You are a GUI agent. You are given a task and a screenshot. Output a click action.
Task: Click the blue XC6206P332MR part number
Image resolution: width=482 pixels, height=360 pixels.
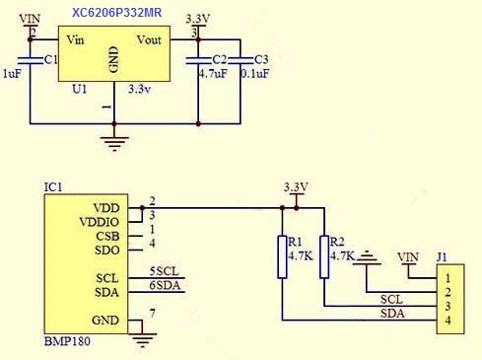(116, 13)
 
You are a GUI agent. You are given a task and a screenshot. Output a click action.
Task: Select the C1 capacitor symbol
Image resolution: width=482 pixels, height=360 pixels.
(30, 60)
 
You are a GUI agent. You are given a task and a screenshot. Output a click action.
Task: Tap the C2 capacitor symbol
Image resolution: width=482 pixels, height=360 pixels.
(198, 60)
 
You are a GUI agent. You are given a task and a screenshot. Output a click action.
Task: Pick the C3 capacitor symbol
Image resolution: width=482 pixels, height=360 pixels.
(241, 60)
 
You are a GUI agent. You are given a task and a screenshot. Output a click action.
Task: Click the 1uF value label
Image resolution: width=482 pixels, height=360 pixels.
(12, 73)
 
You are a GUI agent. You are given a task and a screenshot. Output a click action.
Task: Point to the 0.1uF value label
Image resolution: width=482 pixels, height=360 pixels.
(254, 73)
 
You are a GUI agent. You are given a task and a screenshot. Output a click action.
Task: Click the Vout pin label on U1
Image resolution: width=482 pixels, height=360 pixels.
(149, 39)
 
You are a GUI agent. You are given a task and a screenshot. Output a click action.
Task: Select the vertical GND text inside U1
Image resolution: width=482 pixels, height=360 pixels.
(113, 59)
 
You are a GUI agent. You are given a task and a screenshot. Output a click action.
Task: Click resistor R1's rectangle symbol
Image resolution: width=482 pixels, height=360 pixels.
(282, 256)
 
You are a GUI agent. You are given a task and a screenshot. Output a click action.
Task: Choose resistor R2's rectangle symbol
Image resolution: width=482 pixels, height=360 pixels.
(324, 256)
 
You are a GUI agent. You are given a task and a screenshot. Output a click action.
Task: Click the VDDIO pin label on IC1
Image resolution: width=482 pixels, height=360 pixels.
(100, 222)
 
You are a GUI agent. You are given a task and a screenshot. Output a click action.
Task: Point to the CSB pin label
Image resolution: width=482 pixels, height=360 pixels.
(107, 236)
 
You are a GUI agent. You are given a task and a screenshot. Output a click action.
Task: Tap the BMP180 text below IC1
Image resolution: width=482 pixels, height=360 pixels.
(67, 341)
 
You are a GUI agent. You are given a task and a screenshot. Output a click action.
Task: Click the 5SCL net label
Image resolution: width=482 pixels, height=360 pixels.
(165, 271)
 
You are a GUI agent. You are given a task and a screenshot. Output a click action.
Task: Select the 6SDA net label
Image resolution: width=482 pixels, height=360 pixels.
(165, 285)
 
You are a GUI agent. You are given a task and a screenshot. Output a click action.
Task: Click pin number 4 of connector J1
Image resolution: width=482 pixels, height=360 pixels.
(448, 321)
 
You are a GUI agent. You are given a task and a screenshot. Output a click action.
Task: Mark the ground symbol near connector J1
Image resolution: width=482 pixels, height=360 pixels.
(367, 257)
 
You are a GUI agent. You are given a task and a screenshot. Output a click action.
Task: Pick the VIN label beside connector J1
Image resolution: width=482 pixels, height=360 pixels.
(408, 256)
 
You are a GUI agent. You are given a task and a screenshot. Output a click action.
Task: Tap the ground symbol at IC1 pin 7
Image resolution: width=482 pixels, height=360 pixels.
(142, 339)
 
